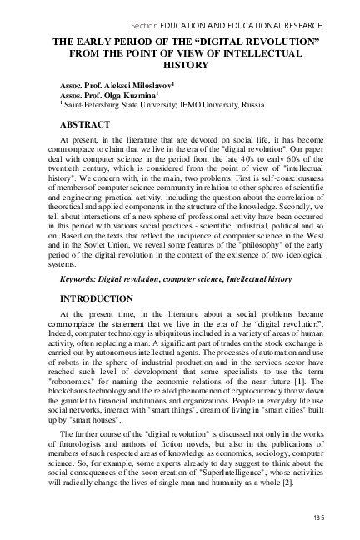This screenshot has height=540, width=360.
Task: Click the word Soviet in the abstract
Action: tap(111, 247)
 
